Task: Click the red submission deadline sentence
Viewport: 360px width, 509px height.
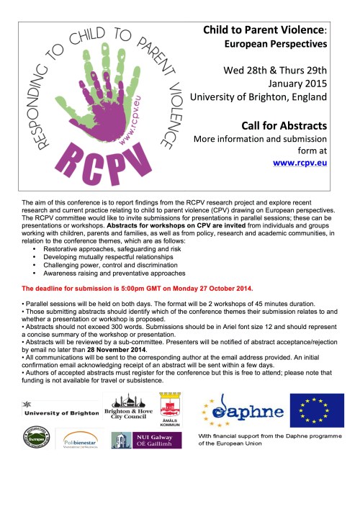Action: pyautogui.click(x=138, y=288)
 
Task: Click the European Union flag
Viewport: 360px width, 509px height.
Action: pyautogui.click(x=317, y=410)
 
